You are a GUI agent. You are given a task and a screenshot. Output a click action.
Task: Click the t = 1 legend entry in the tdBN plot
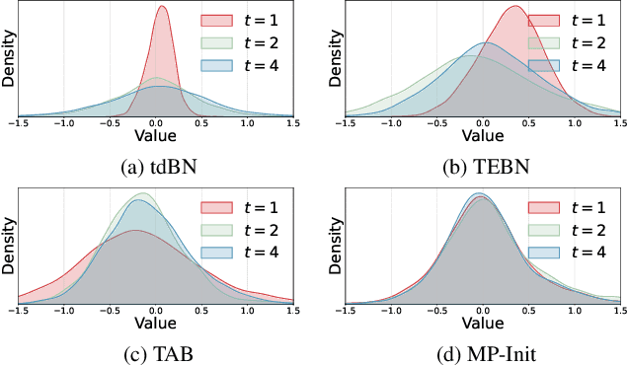242,20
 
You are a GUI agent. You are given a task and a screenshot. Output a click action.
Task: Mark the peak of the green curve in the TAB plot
144,193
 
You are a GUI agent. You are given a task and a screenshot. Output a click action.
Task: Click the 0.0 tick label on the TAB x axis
158,310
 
